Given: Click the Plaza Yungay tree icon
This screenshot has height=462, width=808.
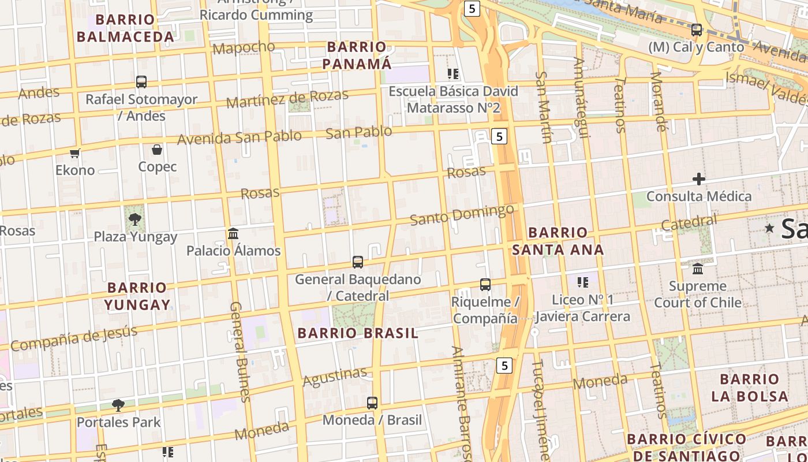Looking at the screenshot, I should point(134,219).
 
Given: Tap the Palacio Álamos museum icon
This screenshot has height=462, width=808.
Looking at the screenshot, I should point(233,233).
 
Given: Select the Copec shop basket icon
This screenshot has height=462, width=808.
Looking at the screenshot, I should point(157,150).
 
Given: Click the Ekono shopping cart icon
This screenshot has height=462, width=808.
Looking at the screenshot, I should point(74,153).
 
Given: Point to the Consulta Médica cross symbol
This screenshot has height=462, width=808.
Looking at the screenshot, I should point(699,179).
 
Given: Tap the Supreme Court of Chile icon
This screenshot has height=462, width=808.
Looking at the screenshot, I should point(698,269).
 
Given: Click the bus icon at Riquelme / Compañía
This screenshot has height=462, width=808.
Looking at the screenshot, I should point(485,284).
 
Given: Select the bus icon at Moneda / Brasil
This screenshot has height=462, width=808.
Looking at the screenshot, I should point(372,403).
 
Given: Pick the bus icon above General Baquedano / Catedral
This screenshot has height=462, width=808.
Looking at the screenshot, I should point(358,262).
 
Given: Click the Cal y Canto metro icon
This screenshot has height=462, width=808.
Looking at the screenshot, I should point(697,29).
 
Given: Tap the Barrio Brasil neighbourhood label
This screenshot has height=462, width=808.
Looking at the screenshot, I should point(358,333).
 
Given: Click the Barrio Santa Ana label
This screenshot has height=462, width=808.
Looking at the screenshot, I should point(558,241).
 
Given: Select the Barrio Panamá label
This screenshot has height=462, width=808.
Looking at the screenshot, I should point(357,55).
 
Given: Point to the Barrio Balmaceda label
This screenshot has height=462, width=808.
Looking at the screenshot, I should point(125,28).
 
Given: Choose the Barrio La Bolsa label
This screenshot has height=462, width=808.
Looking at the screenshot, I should point(750,388).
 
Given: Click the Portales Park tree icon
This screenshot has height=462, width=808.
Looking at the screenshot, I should point(118,405).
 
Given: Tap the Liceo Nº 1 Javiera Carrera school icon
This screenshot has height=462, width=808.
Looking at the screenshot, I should point(583,282).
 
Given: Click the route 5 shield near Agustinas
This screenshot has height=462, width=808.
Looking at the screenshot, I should point(504,365).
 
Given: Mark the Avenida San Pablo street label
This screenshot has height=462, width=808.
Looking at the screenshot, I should point(239,137).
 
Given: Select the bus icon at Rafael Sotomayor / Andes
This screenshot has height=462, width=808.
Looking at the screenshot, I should point(141,82).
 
